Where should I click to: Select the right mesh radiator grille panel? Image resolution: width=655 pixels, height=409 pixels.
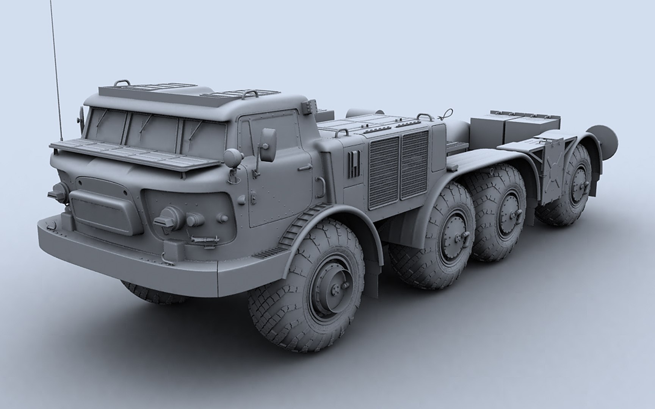[x=415, y=165]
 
